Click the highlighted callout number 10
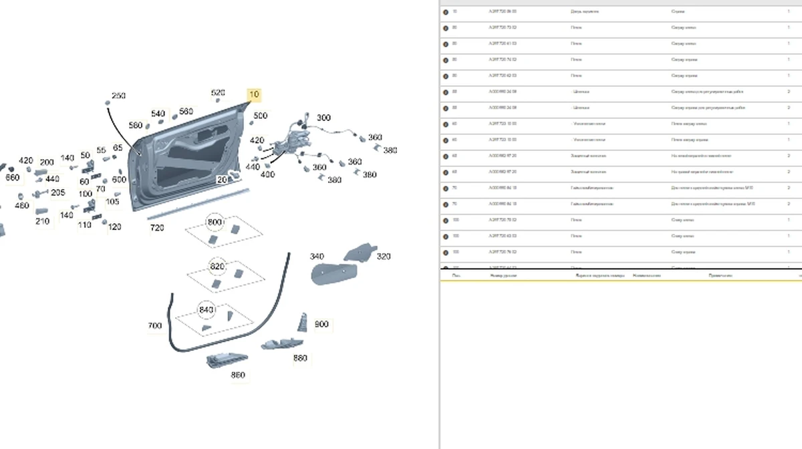[254, 94]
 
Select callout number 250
[118, 96]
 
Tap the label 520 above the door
[218, 93]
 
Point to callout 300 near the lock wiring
[323, 118]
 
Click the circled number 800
[215, 222]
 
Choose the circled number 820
[217, 266]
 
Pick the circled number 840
[207, 310]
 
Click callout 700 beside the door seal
[154, 326]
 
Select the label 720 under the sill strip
[157, 229]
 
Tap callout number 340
[317, 257]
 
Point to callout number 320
[384, 257]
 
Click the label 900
[321, 324]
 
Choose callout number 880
[300, 358]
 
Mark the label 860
[238, 376]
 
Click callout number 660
[13, 178]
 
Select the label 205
[58, 193]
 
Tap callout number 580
[136, 126]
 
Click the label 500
[260, 116]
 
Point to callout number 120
[115, 227]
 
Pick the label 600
[119, 180]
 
